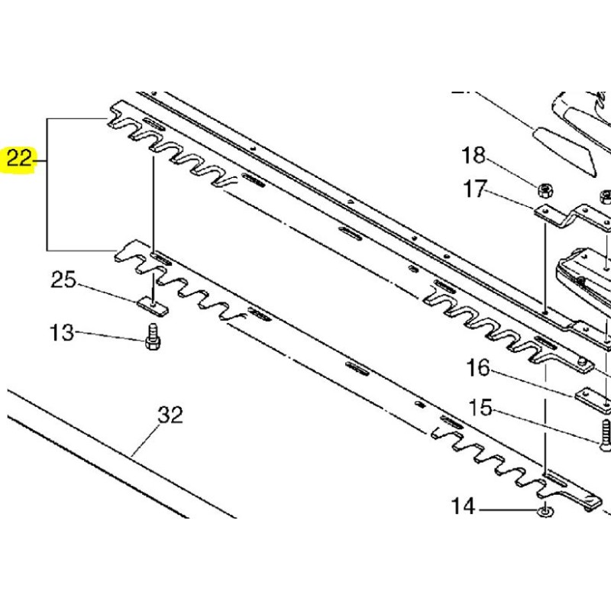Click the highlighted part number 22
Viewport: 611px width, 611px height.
[x=20, y=160]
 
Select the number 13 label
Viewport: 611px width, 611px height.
[x=63, y=333]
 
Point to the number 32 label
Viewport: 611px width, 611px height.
[x=170, y=416]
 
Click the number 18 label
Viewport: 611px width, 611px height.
[x=474, y=157]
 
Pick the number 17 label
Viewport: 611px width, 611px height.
[x=475, y=189]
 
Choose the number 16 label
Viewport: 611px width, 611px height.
[x=478, y=369]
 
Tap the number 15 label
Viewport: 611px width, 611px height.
[x=480, y=409]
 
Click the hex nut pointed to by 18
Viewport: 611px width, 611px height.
[x=546, y=187]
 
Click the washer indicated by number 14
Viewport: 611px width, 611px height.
[x=545, y=511]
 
